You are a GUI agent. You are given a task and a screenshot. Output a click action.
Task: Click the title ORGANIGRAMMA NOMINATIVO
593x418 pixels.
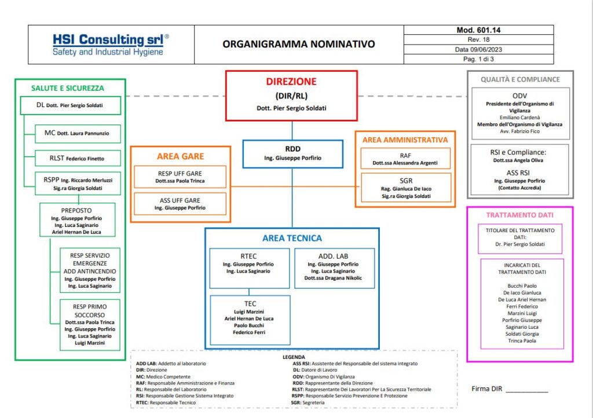click(x=299, y=44)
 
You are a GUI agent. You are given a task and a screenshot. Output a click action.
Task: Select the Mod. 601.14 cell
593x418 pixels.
click(x=478, y=30)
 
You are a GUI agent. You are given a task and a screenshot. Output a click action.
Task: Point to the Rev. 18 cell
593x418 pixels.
click(x=478, y=39)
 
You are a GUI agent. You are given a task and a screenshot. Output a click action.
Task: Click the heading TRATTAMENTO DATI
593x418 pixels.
click(x=519, y=215)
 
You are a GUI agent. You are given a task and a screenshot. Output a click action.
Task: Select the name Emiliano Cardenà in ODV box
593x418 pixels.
click(x=519, y=118)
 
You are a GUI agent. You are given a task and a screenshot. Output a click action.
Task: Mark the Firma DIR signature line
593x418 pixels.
click(x=527, y=392)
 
